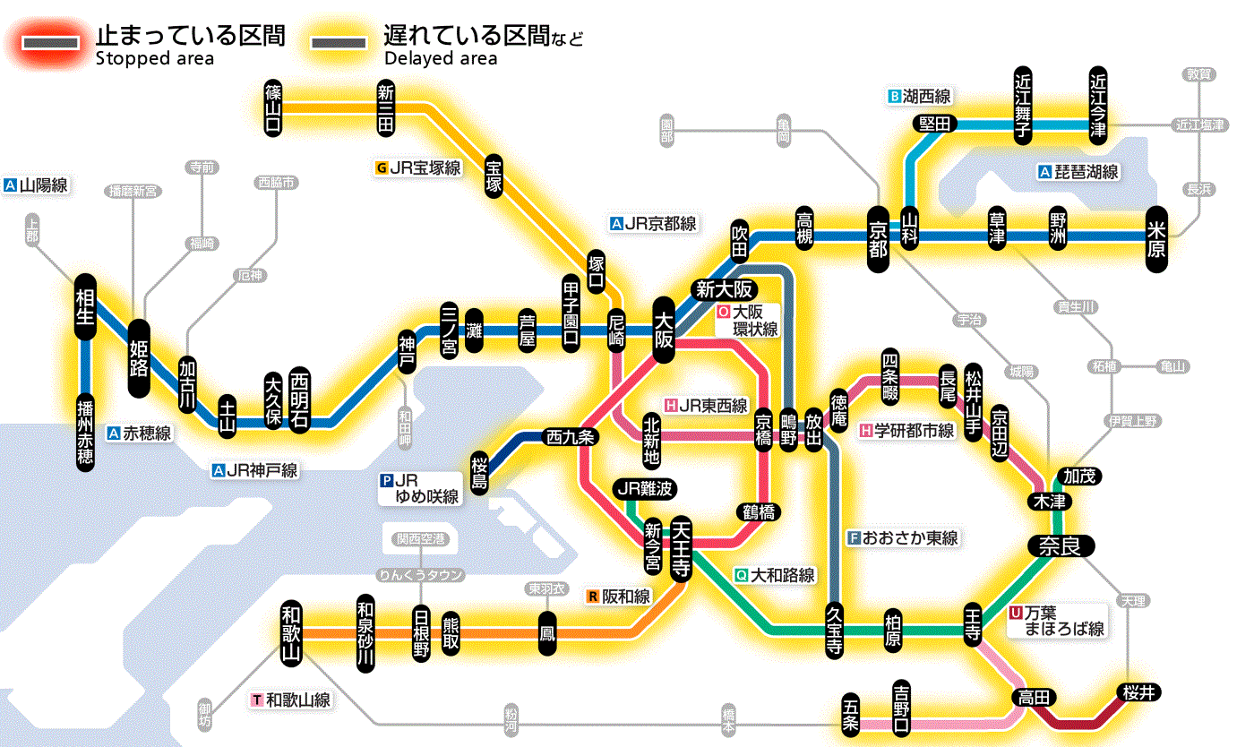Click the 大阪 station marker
click(664, 331)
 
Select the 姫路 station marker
click(140, 358)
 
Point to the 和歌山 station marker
click(291, 632)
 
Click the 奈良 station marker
click(1061, 545)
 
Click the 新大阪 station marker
click(725, 289)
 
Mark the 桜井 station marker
click(1139, 691)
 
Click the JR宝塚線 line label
click(419, 167)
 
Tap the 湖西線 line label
click(920, 96)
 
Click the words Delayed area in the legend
click(440, 59)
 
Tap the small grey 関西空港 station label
click(421, 538)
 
